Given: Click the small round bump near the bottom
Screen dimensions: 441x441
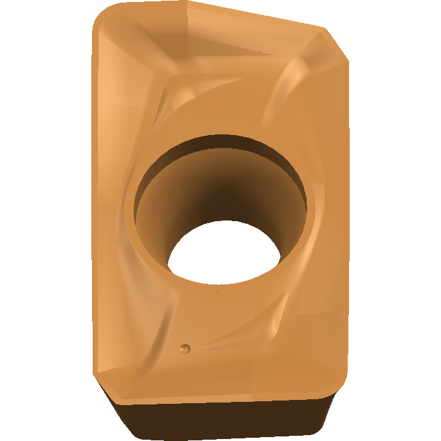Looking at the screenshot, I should coord(185,348).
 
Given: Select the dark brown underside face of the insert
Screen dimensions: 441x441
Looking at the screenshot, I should coord(222,418).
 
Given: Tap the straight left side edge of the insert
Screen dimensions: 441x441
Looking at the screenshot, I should coord(93,196).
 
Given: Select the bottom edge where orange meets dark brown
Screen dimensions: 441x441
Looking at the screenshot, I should coord(222,399).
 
